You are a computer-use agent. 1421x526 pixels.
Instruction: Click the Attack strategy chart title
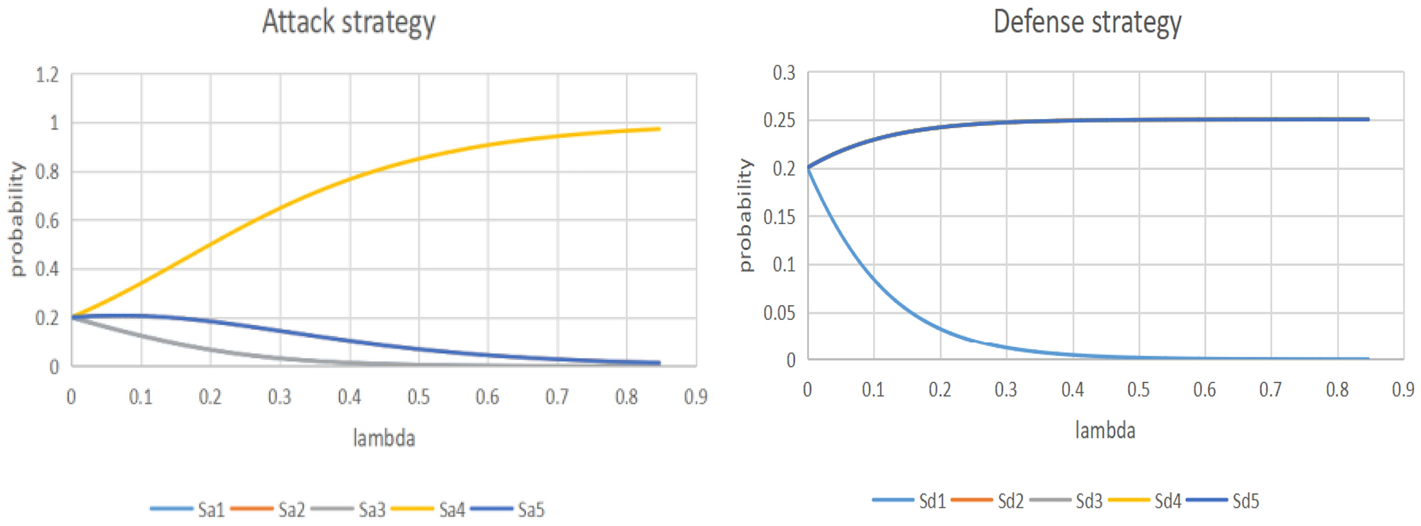[x=348, y=23]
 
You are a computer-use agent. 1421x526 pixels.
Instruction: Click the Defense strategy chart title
[x=1087, y=23]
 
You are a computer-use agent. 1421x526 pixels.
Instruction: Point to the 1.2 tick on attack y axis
[x=47, y=75]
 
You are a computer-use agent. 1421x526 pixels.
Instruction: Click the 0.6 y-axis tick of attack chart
[x=47, y=221]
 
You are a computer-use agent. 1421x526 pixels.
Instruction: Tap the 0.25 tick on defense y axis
[x=779, y=120]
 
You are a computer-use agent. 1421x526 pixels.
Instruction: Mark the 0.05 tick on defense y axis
[x=779, y=313]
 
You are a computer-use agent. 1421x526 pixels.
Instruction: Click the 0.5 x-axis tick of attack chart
[x=418, y=397]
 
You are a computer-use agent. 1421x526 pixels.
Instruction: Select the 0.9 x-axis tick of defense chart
[x=1403, y=390]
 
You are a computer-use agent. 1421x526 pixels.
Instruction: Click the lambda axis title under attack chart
[x=384, y=438]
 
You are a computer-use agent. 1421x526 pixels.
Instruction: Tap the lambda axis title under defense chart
[x=1105, y=430]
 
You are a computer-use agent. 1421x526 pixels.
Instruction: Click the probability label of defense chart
[x=745, y=215]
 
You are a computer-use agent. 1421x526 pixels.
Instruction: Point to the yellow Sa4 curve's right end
[x=658, y=129]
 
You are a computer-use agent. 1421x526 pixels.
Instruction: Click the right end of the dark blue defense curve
[x=1368, y=120]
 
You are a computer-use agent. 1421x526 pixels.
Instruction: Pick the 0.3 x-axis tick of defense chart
[x=1005, y=390]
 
